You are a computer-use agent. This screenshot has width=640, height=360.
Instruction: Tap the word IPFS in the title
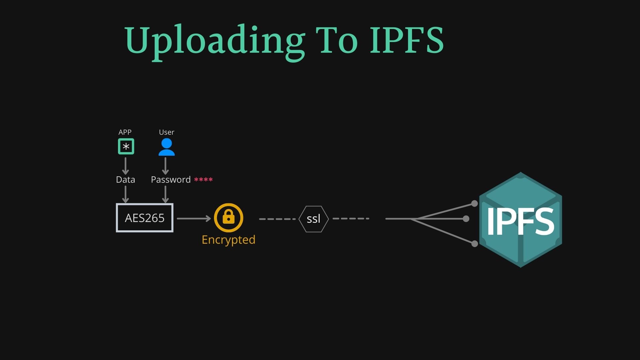tap(407, 41)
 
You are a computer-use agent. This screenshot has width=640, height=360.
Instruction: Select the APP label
tap(125, 132)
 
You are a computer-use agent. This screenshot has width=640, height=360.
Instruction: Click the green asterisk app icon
tap(126, 146)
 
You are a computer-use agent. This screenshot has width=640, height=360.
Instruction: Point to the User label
tap(166, 132)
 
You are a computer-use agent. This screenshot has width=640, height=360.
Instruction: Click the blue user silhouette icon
tap(166, 147)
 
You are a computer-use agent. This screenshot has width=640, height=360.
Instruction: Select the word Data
tap(125, 180)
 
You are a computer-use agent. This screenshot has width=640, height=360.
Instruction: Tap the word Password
tap(171, 180)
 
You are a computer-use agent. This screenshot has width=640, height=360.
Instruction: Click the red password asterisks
tap(203, 180)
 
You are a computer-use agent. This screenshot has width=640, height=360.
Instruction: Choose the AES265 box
tap(145, 218)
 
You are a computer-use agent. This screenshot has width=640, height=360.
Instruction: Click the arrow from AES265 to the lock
tap(194, 218)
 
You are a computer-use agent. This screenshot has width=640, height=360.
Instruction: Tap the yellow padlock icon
tap(229, 218)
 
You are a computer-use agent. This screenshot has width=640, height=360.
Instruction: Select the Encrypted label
tap(228, 240)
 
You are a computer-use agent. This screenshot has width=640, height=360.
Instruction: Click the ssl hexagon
tap(313, 219)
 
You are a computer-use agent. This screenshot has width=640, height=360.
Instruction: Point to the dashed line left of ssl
tap(277, 219)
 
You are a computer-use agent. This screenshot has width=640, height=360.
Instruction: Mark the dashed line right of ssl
tap(351, 219)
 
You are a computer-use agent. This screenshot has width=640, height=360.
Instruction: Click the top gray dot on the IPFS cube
tap(475, 203)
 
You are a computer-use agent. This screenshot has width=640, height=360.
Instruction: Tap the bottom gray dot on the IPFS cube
tap(475, 244)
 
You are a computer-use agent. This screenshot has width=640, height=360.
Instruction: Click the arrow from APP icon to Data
tap(125, 166)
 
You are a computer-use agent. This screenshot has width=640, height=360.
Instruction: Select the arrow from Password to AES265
tap(165, 194)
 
